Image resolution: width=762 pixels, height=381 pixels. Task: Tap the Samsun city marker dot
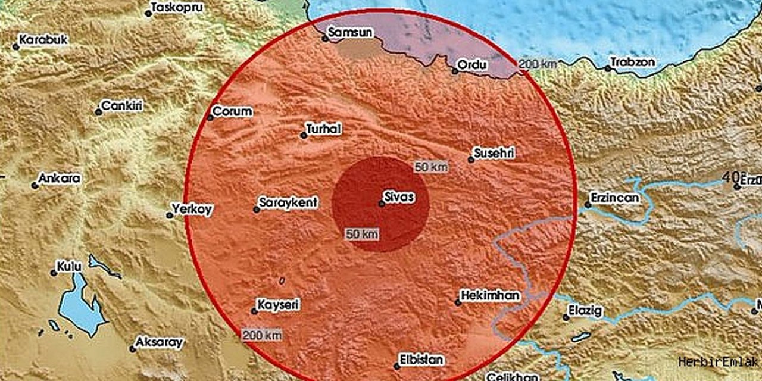coord(326,40)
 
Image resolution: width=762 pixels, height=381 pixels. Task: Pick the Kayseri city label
coord(277,304)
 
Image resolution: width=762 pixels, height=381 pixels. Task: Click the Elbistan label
coord(421,359)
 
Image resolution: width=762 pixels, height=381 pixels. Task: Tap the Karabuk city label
coord(43,40)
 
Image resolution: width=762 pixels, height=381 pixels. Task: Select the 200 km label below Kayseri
coord(262,335)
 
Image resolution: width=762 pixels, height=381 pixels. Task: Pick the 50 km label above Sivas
coord(431,167)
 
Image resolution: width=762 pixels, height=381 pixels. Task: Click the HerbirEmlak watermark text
coord(717,361)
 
